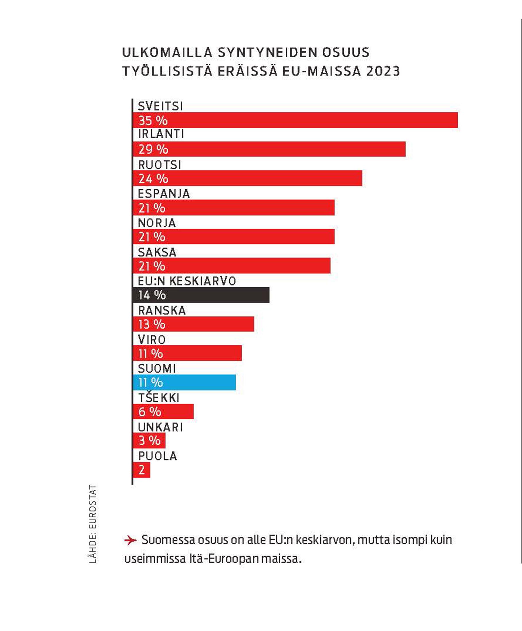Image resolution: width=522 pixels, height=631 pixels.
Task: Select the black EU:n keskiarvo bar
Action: (x=201, y=295)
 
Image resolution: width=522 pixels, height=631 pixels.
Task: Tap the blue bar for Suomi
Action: (x=184, y=382)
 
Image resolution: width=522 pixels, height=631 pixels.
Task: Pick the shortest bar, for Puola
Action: (x=142, y=470)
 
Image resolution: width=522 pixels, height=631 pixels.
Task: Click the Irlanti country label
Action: (x=161, y=134)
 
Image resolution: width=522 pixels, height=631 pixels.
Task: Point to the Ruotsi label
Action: (x=160, y=165)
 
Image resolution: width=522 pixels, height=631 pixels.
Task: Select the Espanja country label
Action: (x=164, y=194)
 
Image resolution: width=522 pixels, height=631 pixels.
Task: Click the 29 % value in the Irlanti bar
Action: (x=153, y=149)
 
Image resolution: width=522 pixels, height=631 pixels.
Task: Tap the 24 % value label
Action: (x=153, y=179)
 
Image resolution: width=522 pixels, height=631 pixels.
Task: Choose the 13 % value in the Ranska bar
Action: (x=152, y=324)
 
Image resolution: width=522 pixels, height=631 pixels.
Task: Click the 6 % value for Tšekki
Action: (x=150, y=412)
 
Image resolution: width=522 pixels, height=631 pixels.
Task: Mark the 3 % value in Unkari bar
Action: (x=149, y=441)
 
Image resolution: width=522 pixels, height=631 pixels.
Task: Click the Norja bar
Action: (x=234, y=237)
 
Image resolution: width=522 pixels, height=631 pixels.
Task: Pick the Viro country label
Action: (x=152, y=340)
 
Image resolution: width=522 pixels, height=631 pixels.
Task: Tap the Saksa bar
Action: (x=232, y=266)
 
